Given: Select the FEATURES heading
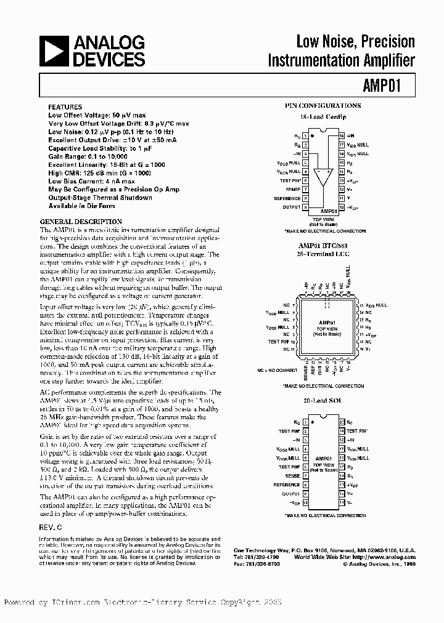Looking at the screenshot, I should [65, 107].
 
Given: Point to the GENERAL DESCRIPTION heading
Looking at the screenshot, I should [81, 222].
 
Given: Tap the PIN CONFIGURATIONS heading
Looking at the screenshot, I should [323, 106].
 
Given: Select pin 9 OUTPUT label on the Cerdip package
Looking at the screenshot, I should [291, 207].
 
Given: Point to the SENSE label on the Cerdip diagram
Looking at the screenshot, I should [292, 190].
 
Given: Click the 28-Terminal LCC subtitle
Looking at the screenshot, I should [323, 253].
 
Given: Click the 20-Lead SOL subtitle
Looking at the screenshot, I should [323, 400].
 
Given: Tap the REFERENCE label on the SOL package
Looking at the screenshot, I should [287, 484].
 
